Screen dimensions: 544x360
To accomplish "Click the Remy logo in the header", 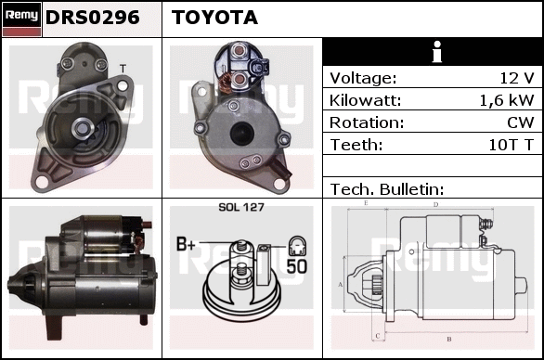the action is pos(21,19).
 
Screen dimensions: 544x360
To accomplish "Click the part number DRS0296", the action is pos(93,18).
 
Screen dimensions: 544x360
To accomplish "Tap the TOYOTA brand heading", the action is pos(214,18).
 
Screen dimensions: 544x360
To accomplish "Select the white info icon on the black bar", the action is pos(437,52).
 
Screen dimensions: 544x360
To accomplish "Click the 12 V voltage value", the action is pos(517,78).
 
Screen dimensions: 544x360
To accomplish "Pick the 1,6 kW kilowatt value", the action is pos(507,100).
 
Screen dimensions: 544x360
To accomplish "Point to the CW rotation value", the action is pos(521,122).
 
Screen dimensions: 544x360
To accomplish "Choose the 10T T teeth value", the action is pos(511,145).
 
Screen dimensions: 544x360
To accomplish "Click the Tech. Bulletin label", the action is pos(387,189).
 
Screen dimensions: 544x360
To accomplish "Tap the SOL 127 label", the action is pos(241,207).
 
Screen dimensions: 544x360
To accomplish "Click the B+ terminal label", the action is pos(186,244).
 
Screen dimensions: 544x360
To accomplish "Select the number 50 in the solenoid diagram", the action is pos(297,266).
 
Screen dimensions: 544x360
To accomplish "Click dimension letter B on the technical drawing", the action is pos(449,339).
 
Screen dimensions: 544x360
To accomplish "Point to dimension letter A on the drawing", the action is pos(341,285).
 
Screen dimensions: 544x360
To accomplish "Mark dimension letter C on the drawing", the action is pos(378,336).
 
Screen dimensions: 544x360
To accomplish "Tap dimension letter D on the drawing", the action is pos(435,205).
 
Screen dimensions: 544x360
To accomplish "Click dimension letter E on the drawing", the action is pos(366,203).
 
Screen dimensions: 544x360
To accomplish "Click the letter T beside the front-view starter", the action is pos(123,69).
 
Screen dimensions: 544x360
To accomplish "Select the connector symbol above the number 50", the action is pos(297,246).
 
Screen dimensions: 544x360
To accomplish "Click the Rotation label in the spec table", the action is pos(367,122).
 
